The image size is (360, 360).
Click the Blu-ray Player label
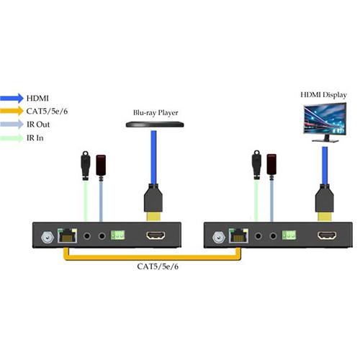click(x=153, y=113)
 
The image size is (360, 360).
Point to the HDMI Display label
click(x=322, y=94)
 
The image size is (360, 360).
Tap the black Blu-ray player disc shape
click(x=153, y=125)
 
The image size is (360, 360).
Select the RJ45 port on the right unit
click(x=237, y=235)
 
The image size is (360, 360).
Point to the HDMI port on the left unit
click(x=156, y=235)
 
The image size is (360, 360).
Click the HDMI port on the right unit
click(x=328, y=235)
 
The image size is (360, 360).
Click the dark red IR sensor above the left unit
click(x=101, y=164)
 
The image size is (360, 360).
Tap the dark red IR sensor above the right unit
click(x=272, y=164)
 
